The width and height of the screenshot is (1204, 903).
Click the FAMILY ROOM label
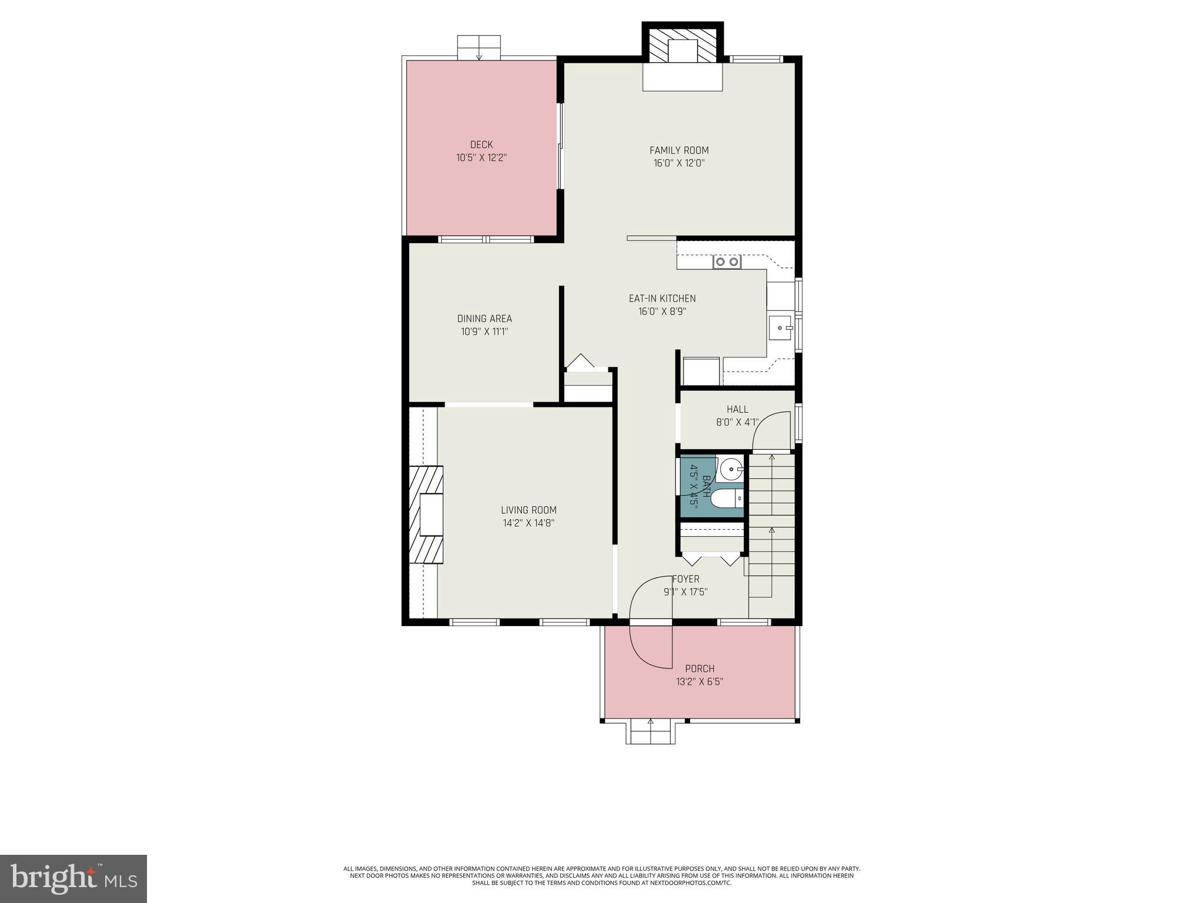(678, 150)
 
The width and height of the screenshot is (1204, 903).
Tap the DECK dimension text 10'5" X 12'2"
(481, 158)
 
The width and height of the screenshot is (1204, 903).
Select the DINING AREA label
(484, 319)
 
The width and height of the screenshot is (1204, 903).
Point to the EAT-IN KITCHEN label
(662, 299)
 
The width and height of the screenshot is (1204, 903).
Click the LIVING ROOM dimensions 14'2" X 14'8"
(529, 523)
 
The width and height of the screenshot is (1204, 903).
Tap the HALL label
(737, 409)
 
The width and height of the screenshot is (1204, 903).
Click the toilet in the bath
(726, 499)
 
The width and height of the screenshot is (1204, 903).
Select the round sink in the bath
(731, 469)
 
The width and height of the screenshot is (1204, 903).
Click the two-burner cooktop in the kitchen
(727, 262)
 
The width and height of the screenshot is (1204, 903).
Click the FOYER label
(685, 579)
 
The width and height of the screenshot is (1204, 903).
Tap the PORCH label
(700, 668)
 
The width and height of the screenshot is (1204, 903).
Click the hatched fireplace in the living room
(426, 514)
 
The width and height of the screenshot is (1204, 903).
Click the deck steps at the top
(479, 47)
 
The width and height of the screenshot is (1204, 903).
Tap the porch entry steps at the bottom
(650, 732)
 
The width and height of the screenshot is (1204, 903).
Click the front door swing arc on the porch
(650, 647)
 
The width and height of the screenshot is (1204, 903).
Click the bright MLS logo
(73, 878)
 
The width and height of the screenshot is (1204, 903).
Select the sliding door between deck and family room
(561, 147)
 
